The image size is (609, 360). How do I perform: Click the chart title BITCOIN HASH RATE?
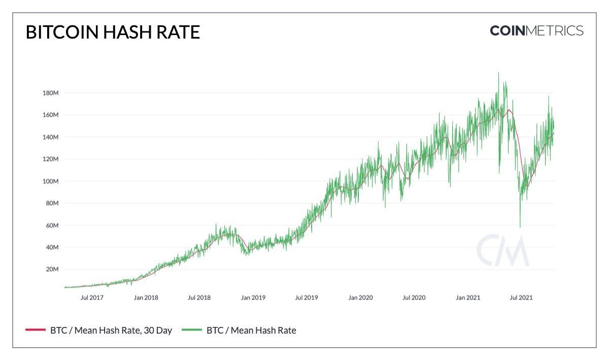coord(113,32)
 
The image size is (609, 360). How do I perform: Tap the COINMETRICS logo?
coord(536,30)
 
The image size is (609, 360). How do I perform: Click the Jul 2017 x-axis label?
coord(92,298)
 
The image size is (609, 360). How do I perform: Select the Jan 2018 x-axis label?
coord(146,298)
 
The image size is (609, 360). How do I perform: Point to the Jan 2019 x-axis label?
coord(253,298)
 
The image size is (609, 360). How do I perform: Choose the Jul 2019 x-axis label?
coord(307,298)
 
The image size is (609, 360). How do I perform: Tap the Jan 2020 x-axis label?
coord(360,298)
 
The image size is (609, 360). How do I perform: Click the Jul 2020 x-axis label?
coord(414,298)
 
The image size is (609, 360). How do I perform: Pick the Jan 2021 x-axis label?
coord(468,298)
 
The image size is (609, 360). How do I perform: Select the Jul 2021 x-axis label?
coord(521,298)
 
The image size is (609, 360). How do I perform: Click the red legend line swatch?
coord(35,331)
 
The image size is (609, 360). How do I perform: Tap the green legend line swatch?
coord(191,331)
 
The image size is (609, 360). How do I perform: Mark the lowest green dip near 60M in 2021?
coord(520,226)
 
